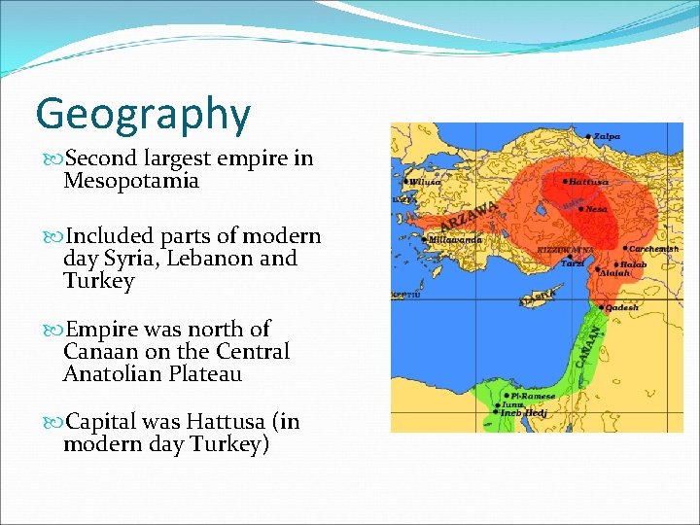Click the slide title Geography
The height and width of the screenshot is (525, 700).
point(143,115)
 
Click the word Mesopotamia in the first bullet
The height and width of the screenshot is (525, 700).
point(131,181)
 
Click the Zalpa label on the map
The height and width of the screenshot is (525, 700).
point(608,136)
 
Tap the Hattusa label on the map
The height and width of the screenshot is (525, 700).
point(590,181)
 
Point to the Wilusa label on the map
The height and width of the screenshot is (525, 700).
point(424,182)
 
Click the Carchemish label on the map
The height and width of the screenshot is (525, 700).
point(653,249)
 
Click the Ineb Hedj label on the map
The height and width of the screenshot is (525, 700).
point(525,413)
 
